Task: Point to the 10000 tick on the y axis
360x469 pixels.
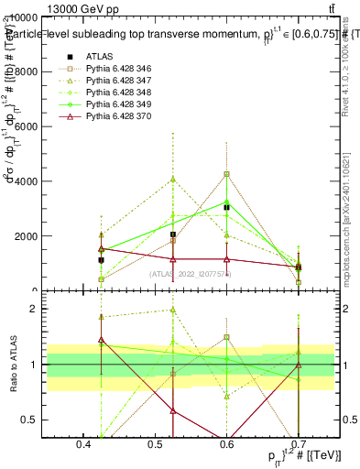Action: coord(48,17)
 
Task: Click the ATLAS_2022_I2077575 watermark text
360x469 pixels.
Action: coord(191,274)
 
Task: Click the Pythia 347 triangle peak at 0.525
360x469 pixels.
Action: coord(173,180)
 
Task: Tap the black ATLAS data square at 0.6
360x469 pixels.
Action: coord(226,208)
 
